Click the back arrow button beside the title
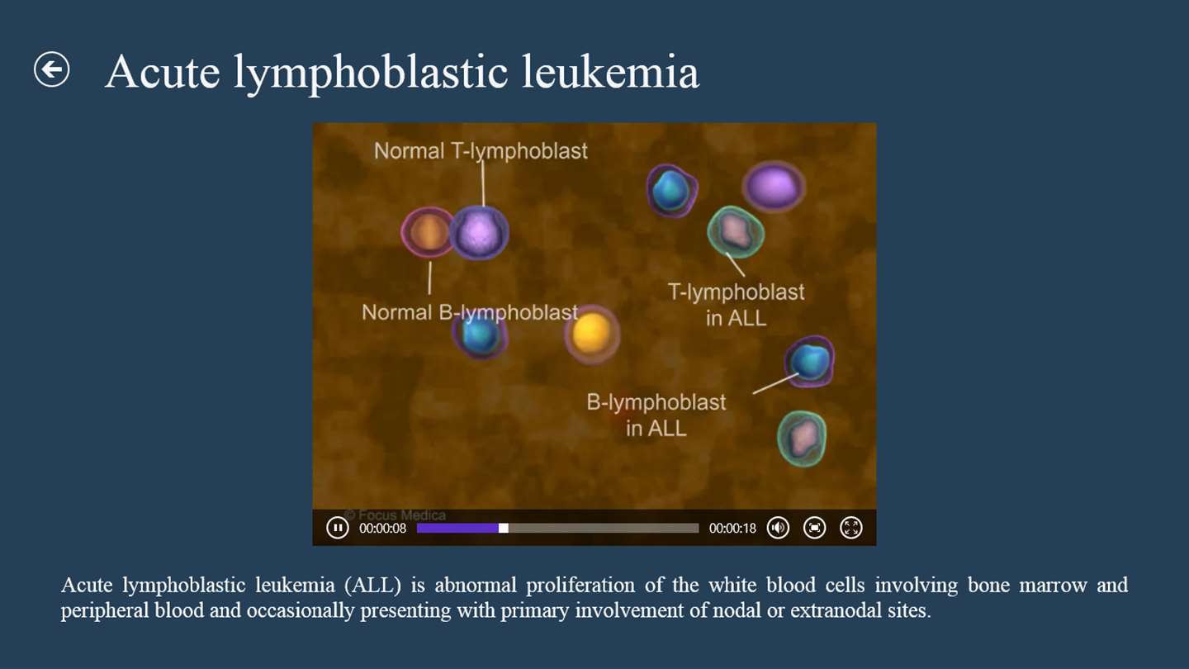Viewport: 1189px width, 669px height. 51,69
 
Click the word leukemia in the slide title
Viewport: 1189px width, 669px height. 610,71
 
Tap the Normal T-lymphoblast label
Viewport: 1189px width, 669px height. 481,151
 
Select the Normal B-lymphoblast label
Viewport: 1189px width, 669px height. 470,312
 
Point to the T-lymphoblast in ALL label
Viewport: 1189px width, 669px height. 736,305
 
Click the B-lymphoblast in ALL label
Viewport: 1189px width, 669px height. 656,415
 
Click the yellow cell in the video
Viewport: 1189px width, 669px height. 592,334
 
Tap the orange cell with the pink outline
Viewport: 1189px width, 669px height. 429,233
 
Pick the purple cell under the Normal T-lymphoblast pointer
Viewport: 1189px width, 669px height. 479,233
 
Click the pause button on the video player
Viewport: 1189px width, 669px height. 337,528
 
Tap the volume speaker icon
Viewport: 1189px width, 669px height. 778,528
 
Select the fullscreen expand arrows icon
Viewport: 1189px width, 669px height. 850,528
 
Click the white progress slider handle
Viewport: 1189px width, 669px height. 503,528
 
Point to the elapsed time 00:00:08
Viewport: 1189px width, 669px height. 383,529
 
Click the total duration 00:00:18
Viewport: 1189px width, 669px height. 732,529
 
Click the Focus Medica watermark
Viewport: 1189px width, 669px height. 396,515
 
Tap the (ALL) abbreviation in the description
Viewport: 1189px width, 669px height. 372,585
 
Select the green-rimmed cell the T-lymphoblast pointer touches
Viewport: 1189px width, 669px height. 736,232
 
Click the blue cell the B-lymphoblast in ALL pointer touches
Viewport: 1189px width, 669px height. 809,361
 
